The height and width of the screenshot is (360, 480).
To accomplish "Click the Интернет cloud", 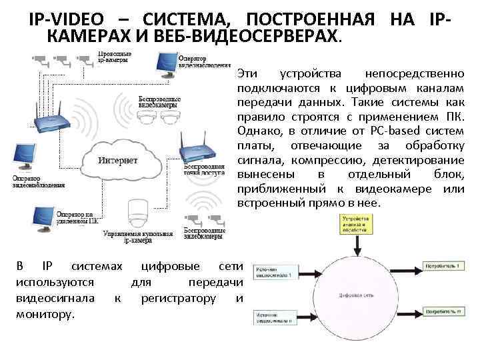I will pos(120,160).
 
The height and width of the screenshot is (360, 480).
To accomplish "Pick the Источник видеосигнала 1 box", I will pos(274,270).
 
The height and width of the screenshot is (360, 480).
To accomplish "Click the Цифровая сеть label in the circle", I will pos(355,294).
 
